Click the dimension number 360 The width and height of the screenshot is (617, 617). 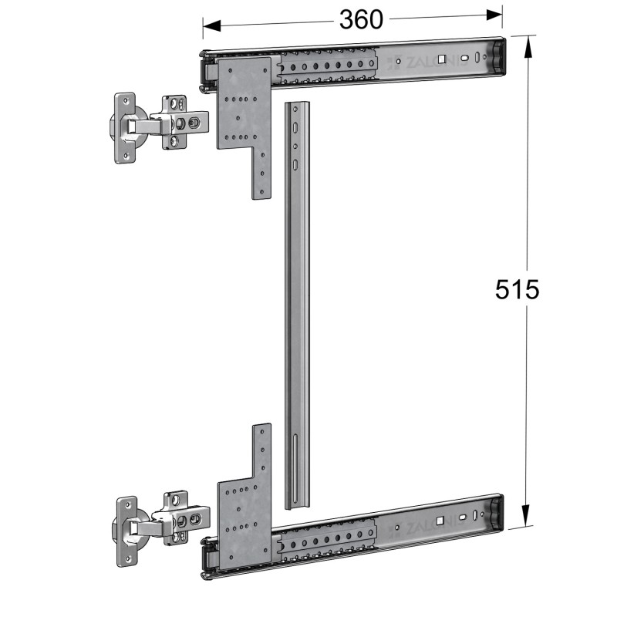[360, 19]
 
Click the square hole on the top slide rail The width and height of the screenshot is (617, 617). [440, 59]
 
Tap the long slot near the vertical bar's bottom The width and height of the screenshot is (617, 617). [296, 467]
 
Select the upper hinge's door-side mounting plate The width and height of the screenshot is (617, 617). [125, 127]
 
